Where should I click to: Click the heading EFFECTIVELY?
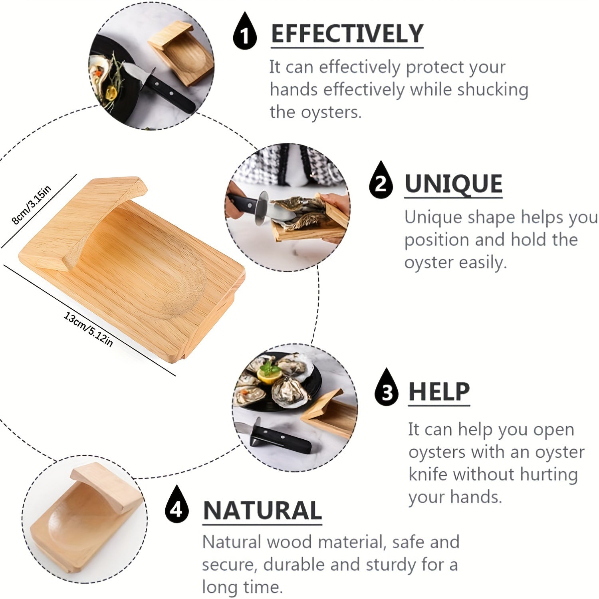[347, 34]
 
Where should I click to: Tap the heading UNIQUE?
[453, 184]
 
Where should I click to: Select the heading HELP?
[439, 392]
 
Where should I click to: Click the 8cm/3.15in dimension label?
[32, 205]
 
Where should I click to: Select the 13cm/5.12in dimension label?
[89, 329]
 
